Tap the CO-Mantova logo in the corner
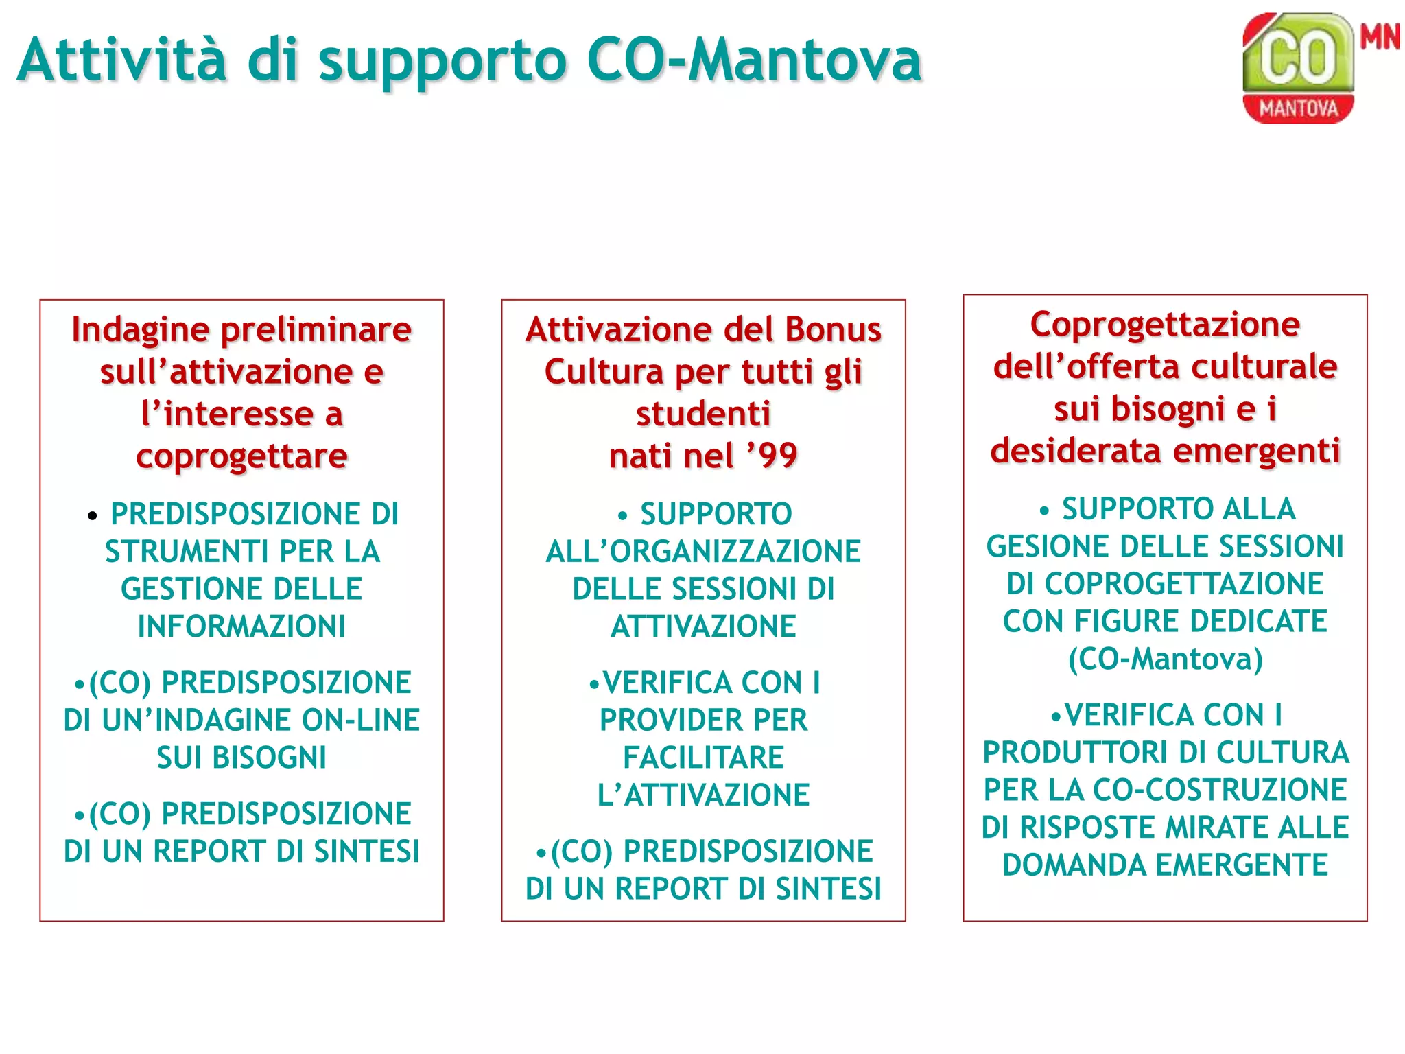[1298, 69]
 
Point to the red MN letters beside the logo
[1380, 36]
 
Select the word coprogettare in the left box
[241, 456]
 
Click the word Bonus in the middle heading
[833, 329]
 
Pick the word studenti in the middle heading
[703, 414]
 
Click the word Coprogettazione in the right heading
[1165, 325]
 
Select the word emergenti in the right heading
[1256, 451]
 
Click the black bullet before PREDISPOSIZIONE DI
[93, 516]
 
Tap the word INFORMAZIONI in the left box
[241, 626]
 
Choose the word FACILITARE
[703, 758]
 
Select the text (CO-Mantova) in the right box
[1165, 659]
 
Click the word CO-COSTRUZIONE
[1219, 790]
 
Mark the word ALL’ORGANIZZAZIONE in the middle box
[703, 552]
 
